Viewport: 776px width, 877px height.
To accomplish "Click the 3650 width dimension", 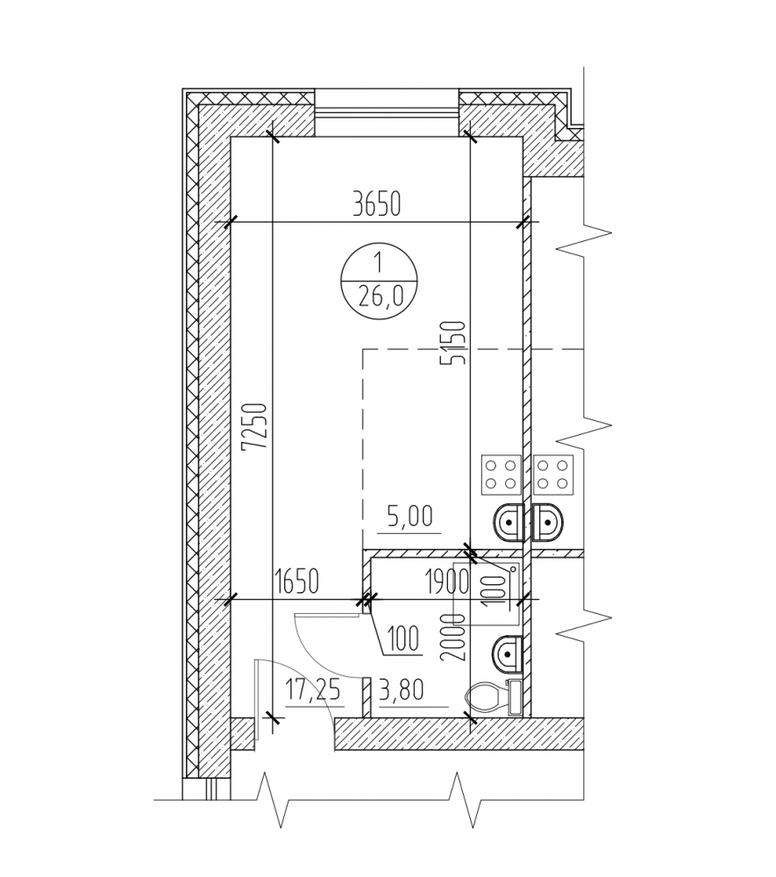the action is tap(377, 204).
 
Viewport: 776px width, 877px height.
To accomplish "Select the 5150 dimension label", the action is tap(453, 342).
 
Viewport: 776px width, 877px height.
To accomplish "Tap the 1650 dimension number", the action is tap(297, 581).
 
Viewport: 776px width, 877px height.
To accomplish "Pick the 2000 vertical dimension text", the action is tap(453, 637).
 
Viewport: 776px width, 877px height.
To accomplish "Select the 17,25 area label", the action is tap(313, 690).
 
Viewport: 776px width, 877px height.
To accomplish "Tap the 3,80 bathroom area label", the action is tap(402, 689).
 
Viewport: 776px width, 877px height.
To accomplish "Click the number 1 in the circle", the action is tap(379, 261).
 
